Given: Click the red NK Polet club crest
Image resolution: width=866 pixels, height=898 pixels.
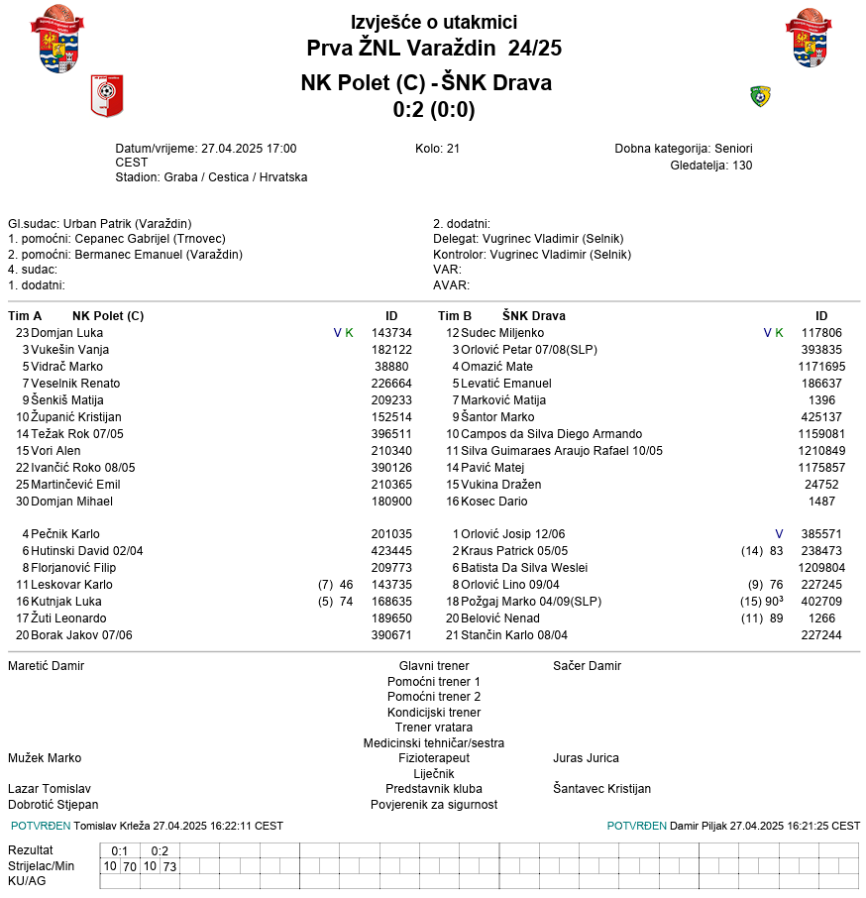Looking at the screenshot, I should click(x=106, y=96).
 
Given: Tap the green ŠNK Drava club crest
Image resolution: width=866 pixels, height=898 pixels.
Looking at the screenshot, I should click(x=760, y=96).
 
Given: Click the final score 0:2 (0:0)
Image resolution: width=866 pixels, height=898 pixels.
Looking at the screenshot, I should click(x=433, y=110).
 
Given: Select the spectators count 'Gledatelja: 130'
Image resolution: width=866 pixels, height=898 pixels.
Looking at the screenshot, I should click(x=710, y=166).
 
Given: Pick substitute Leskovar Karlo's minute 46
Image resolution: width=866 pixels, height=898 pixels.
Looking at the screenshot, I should click(x=346, y=585).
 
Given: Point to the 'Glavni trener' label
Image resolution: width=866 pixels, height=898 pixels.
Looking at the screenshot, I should click(x=434, y=666).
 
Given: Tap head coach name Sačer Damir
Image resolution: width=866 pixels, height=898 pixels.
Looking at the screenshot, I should click(x=587, y=666).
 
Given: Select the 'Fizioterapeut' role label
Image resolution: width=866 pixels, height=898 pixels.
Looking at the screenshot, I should click(x=434, y=758).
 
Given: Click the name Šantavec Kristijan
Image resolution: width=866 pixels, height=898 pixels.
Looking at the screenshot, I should click(x=601, y=789).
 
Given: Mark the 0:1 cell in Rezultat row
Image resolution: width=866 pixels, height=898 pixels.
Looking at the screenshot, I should click(x=120, y=850).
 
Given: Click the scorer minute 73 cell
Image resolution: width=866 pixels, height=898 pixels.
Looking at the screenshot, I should click(x=169, y=866).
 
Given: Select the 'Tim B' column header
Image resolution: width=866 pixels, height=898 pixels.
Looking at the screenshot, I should click(x=455, y=316).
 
